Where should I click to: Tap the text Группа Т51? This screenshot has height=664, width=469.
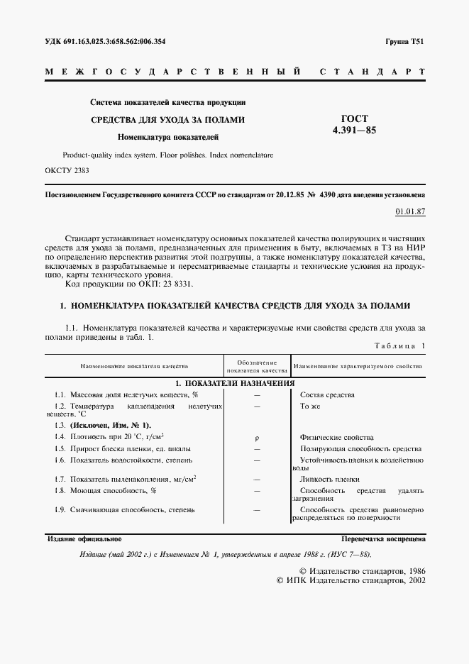point(405,42)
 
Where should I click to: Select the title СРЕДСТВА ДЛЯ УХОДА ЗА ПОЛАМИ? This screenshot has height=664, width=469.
point(167,120)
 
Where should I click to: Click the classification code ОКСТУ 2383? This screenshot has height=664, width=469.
point(67,170)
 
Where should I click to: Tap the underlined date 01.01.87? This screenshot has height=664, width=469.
point(410,211)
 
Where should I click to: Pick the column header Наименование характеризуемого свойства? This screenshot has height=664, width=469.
point(358,367)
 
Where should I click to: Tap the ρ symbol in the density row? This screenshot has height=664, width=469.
point(256,437)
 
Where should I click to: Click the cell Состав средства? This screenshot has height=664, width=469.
point(327,394)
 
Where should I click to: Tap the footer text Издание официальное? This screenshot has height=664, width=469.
point(84,539)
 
